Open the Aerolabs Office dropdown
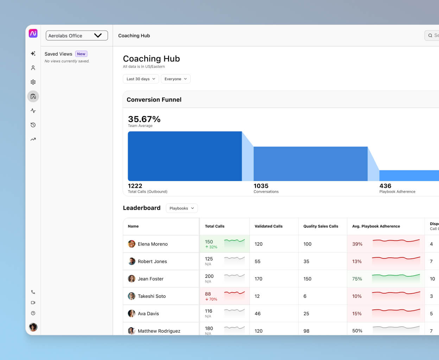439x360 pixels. [x=77, y=36]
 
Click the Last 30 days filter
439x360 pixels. [x=141, y=79]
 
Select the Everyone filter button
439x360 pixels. [x=176, y=79]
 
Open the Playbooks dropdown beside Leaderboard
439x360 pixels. [x=182, y=208]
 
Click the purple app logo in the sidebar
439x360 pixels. [x=33, y=33]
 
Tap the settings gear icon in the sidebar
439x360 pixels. [x=33, y=82]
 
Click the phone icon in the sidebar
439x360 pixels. [x=33, y=292]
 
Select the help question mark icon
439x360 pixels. [x=33, y=313]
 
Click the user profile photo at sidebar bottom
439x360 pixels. [x=33, y=327]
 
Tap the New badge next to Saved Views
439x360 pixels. [x=81, y=54]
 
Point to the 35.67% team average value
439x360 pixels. [x=144, y=119]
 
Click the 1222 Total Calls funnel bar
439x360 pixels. [x=185, y=156]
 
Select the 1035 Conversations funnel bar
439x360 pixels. [x=310, y=164]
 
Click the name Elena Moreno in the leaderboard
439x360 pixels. [x=153, y=244]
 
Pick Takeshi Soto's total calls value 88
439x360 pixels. [x=208, y=294]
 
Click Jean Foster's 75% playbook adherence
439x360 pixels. [x=357, y=279]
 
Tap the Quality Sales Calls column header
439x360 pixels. [x=321, y=226]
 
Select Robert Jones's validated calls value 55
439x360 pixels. [x=257, y=262]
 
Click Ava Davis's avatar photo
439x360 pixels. [x=132, y=314]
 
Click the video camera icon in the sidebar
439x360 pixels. [x=33, y=303]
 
